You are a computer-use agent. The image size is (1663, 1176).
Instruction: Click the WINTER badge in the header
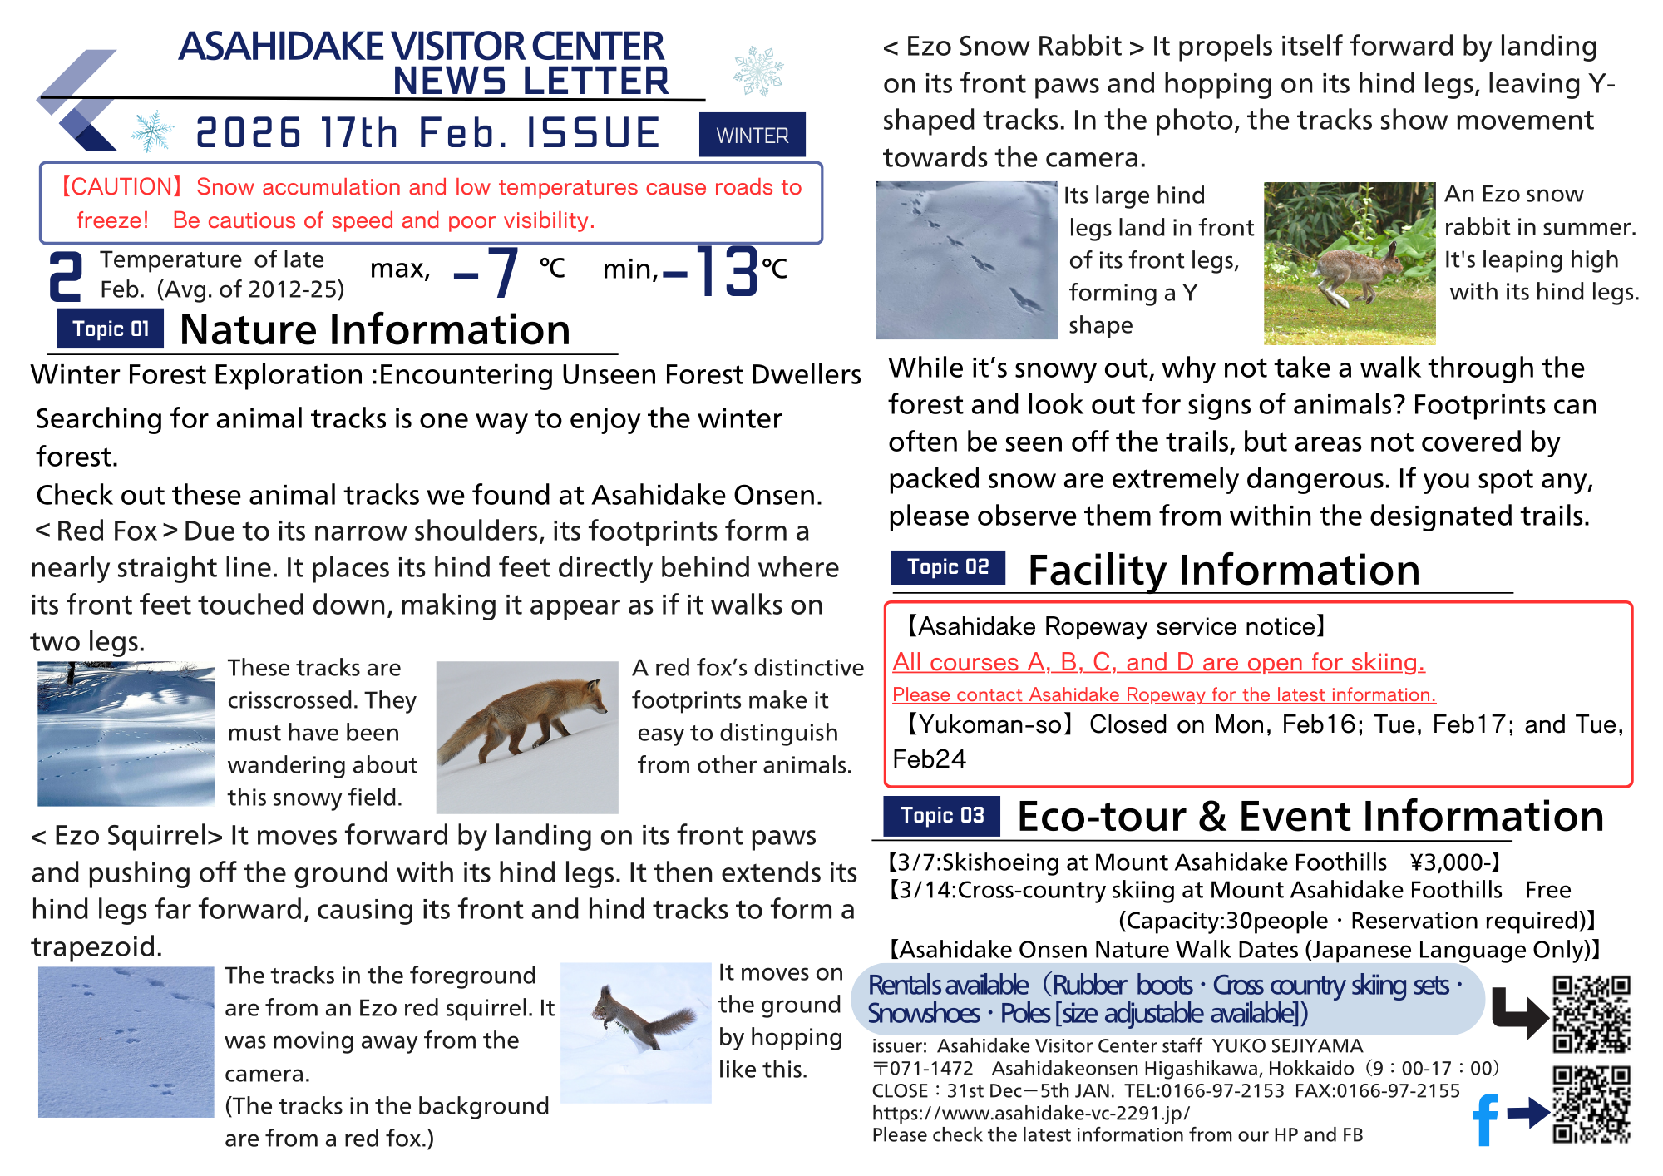(752, 135)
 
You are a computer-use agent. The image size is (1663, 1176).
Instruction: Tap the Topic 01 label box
(111, 329)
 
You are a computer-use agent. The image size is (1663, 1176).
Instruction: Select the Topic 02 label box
(948, 567)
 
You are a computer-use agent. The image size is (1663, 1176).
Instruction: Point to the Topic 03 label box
(942, 815)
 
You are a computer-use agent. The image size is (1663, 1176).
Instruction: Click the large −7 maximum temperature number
(487, 272)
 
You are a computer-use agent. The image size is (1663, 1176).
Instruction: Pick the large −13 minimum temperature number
(712, 271)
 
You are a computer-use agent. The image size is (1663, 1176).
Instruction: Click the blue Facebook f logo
(1486, 1119)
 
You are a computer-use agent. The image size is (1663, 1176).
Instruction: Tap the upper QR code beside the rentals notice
(1591, 1015)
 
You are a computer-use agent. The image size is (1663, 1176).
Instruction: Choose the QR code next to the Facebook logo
(1591, 1104)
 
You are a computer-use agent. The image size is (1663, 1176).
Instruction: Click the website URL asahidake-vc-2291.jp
(1031, 1113)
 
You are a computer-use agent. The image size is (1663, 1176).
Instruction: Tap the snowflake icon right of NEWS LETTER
(757, 71)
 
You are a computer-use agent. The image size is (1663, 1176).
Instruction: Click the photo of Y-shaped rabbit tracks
(965, 260)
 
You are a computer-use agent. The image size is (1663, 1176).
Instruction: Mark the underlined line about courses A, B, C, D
(1158, 662)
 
